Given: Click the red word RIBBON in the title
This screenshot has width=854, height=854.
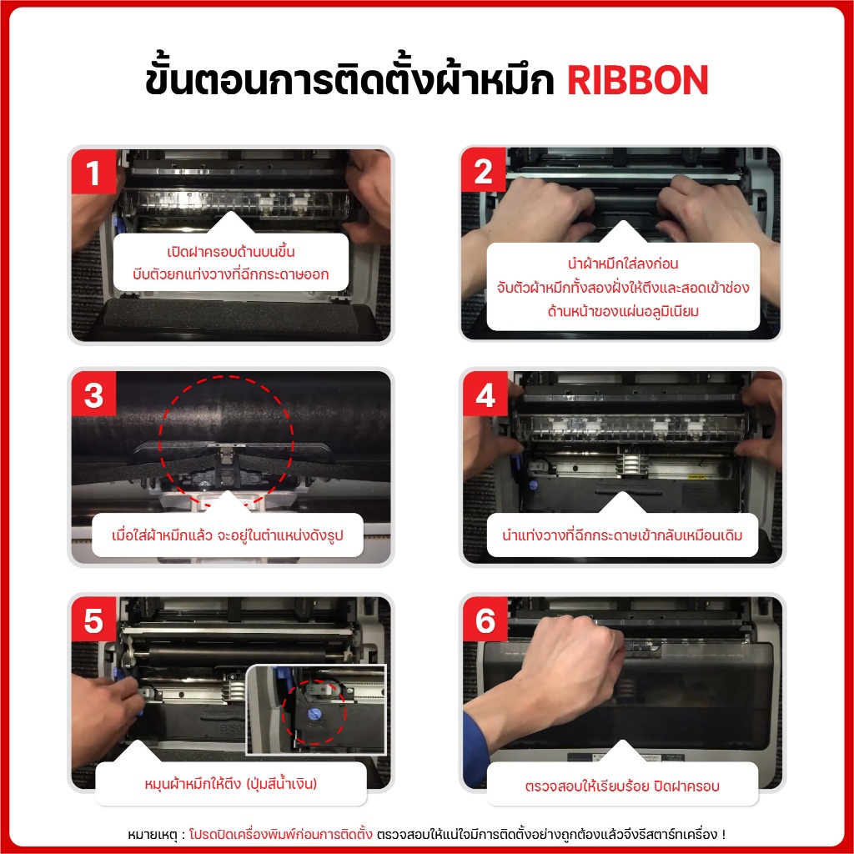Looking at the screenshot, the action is (x=638, y=81).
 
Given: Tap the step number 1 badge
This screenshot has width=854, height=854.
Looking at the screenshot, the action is (x=93, y=172).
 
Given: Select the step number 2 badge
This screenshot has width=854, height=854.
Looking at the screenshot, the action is (x=484, y=170).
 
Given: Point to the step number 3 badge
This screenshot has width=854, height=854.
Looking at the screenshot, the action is (x=93, y=394).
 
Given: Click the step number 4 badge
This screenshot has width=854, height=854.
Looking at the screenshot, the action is (x=485, y=394).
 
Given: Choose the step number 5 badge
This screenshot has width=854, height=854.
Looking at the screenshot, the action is (x=93, y=620).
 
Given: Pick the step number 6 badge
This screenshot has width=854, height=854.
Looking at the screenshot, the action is (x=485, y=620).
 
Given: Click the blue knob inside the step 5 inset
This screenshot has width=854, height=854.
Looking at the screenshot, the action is (x=314, y=714).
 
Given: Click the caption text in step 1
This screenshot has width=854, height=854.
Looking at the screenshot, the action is (x=230, y=263).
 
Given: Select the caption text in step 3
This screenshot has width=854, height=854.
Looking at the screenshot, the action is (x=228, y=535).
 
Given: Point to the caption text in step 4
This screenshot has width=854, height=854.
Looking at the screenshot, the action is (x=622, y=535).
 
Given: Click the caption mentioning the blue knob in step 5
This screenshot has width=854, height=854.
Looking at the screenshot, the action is (x=230, y=783).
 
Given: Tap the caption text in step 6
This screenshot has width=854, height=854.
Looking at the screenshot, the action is (x=622, y=786).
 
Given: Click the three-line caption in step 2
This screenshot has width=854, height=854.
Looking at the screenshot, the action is (x=622, y=287).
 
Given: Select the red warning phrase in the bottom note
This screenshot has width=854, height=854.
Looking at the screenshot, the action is (x=280, y=834).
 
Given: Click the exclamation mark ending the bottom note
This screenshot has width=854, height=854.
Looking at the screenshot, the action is (x=723, y=834).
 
